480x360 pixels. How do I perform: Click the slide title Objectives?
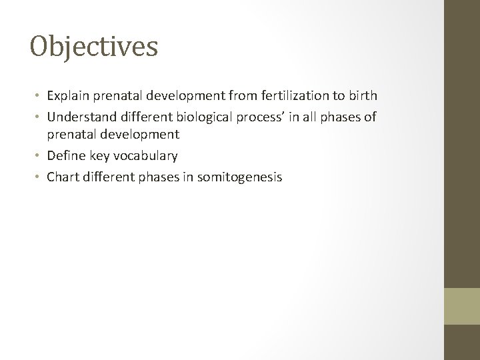click(94, 47)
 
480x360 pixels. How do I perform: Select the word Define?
click(64, 155)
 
